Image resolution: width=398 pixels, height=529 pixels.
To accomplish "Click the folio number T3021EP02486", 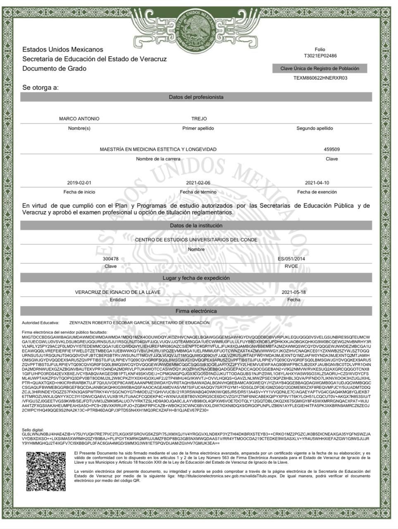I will coord(320,56).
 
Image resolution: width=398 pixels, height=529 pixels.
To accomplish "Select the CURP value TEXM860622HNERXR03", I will coord(320,78).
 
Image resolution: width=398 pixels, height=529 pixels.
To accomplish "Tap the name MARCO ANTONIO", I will coord(79,119).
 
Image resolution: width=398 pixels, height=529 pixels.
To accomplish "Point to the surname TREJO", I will coord(199,119).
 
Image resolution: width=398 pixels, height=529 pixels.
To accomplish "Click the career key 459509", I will coord(331,149).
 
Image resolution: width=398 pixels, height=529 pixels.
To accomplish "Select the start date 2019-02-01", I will coord(79,183).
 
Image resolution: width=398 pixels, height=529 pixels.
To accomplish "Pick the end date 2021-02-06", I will coord(198,183).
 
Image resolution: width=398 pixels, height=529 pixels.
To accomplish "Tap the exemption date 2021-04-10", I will coord(317,183).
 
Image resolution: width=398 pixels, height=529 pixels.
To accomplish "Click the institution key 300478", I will coord(110,259).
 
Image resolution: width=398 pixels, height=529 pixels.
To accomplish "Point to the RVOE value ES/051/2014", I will coord(291,259).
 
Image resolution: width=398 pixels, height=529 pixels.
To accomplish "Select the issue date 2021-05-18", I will coord(293,292).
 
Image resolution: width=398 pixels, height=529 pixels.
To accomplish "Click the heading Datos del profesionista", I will coord(196,97).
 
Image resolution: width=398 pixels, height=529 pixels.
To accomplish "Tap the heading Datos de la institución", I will coord(196,226).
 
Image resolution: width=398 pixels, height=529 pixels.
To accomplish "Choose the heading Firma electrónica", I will coord(196,311).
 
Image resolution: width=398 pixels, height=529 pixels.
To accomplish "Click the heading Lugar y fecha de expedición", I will coord(196,278).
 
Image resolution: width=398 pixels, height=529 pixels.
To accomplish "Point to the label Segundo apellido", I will coord(315,128).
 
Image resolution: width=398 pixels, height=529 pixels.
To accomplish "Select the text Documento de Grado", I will coord(55,69).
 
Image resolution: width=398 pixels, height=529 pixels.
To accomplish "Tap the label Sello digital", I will coord(33,430).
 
